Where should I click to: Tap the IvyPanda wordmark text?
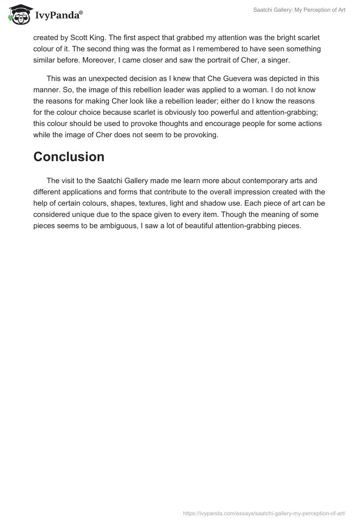tap(58, 14)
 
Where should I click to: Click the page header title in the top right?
tap(297, 10)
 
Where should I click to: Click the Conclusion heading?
tap(69, 157)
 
